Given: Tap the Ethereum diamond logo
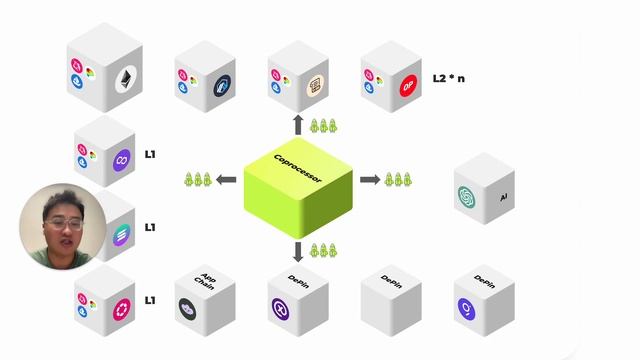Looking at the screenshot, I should (x=127, y=80).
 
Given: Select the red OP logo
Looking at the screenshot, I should (x=407, y=86).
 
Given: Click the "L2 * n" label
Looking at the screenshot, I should (x=448, y=77).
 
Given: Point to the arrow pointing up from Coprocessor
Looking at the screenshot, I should (x=298, y=125).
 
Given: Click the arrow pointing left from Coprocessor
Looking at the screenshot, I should (x=227, y=180).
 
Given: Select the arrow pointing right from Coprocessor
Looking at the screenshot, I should (x=369, y=180).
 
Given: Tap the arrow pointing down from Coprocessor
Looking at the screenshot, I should (x=298, y=250).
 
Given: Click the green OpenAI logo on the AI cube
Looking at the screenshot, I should (x=470, y=197).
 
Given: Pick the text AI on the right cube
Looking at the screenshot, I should (x=503, y=198).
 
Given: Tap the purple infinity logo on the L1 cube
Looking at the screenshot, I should (x=120, y=160).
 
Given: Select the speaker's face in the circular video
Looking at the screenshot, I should (x=59, y=226).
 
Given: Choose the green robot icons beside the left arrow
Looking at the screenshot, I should (x=195, y=180).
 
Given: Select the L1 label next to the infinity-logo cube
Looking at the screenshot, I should (x=150, y=154).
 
